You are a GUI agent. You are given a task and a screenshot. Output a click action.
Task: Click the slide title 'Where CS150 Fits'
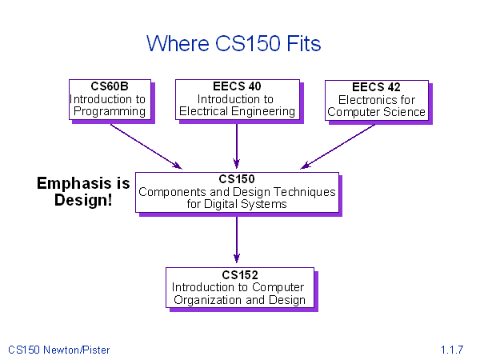coord(234,43)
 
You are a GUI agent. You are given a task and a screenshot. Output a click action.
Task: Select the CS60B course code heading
coord(110,86)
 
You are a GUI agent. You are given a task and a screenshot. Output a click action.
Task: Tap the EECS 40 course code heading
coord(237,86)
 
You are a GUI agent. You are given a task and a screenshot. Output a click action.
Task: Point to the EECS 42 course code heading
coord(376,87)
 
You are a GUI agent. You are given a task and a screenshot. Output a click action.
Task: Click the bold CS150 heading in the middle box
coord(237,178)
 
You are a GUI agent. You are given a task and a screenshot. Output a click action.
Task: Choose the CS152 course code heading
coord(240,275)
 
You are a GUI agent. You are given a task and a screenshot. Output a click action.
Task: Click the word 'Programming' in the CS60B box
coord(110,112)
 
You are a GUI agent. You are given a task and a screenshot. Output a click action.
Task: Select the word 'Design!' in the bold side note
coord(83,200)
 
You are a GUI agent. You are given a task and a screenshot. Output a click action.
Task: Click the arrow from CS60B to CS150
coord(146,146)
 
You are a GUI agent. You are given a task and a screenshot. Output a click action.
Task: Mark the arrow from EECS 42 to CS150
coord(338,146)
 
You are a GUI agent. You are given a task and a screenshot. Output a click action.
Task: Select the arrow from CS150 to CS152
coord(237,240)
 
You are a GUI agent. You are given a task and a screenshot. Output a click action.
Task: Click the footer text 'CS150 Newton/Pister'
coord(58,350)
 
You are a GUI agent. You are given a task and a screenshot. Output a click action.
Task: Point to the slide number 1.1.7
coord(452,350)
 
